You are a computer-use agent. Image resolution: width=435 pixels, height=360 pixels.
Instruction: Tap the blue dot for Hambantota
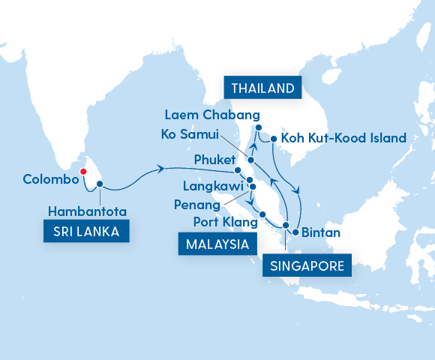(99, 183)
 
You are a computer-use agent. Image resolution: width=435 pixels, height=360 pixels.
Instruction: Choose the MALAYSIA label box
(214, 244)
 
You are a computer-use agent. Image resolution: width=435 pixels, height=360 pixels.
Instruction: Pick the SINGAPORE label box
(307, 265)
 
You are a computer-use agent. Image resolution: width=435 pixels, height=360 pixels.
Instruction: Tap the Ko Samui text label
(189, 135)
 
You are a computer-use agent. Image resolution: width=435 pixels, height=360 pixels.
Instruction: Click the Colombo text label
(49, 180)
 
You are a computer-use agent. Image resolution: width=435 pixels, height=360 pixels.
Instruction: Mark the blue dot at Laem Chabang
(258, 128)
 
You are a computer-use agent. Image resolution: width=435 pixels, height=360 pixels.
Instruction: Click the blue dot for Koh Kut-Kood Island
(274, 139)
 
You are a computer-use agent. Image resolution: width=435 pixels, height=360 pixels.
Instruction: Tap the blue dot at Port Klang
(262, 216)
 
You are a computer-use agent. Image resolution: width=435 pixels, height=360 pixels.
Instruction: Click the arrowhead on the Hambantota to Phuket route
(161, 171)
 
